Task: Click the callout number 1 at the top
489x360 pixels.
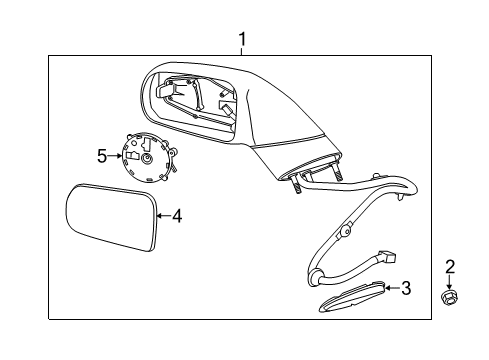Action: tap(242, 39)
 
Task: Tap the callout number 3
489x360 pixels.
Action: tap(405, 289)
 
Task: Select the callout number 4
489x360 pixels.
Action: tap(177, 215)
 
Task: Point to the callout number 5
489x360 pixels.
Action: tap(101, 155)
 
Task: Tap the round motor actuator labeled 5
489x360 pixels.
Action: tap(147, 159)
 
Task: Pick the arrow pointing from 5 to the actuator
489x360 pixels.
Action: tap(113, 156)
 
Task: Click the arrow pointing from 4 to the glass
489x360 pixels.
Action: tap(164, 215)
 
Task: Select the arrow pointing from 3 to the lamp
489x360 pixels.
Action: tap(391, 290)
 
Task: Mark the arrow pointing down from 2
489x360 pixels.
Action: tap(450, 281)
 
